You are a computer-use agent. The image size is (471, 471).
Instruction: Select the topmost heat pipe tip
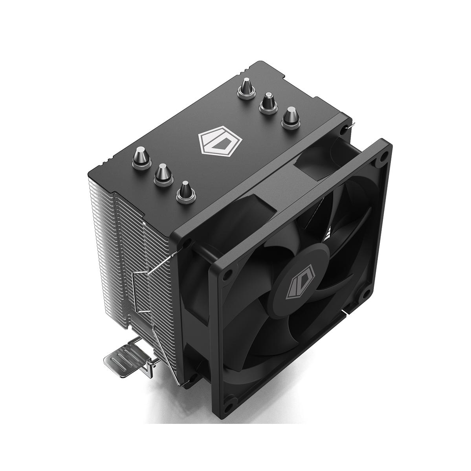(246, 87)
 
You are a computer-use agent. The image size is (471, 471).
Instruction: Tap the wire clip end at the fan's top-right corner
(350, 126)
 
